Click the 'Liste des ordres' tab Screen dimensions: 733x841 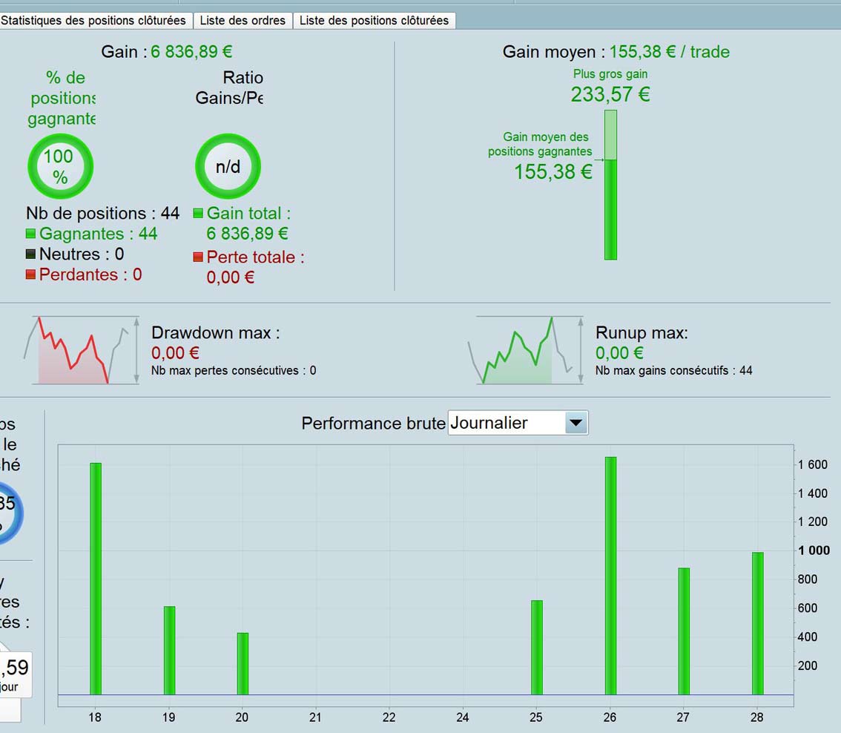click(243, 21)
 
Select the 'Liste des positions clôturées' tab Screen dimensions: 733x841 click(374, 21)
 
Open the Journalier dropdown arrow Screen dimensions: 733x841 click(576, 423)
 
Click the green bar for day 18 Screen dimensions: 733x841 click(95, 579)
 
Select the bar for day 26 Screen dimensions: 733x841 click(610, 576)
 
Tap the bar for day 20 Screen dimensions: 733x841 click(243, 663)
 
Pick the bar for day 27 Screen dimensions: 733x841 click(684, 631)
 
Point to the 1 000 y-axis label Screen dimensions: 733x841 click(814, 550)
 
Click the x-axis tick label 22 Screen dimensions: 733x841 click(389, 717)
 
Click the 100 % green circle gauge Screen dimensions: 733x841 click(60, 166)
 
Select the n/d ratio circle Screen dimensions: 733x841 click(228, 166)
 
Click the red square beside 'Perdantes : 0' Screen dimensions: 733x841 click(30, 275)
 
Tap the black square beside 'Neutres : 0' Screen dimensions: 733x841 click(30, 254)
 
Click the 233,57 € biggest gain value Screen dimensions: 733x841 click(610, 94)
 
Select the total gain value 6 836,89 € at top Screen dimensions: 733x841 click(191, 52)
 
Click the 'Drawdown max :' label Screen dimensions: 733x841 click(215, 332)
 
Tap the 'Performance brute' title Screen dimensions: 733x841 click(373, 423)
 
